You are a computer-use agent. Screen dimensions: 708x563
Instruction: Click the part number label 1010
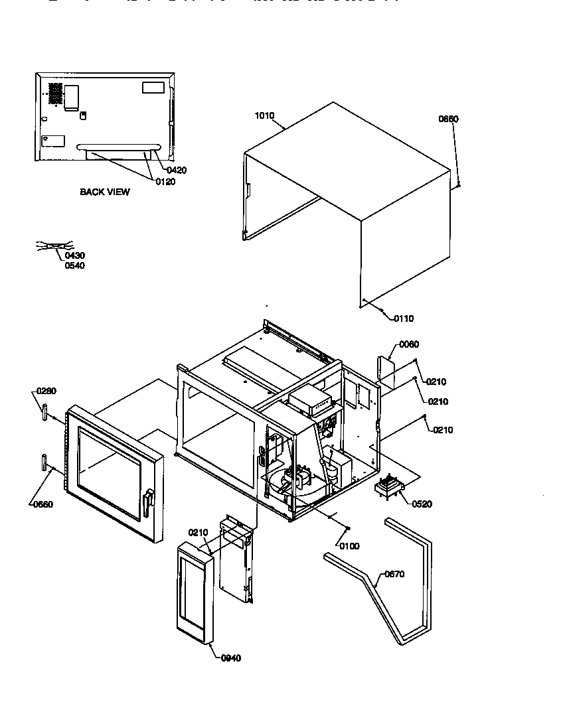coord(264,116)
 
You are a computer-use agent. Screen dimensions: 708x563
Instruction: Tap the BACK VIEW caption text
coord(105,192)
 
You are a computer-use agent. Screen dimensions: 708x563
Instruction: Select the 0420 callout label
coord(177,171)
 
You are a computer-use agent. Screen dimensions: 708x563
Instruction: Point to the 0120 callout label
coord(165,182)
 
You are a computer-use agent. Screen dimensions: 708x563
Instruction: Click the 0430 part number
coord(74,255)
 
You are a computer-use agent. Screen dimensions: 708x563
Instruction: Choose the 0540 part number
coord(74,265)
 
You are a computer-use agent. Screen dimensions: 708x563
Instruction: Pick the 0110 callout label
coord(403,319)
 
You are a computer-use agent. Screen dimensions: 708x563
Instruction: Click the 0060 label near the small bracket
coord(409,344)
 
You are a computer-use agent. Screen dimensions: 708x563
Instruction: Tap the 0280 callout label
coord(46,390)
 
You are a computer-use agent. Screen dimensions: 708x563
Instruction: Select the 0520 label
coord(422,504)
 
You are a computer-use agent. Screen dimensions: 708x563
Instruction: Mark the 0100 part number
coord(349,546)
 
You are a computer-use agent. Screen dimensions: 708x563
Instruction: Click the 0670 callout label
coord(394,574)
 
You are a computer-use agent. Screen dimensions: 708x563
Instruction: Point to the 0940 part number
coord(230,658)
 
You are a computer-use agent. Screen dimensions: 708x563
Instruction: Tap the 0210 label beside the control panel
coord(199,532)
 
